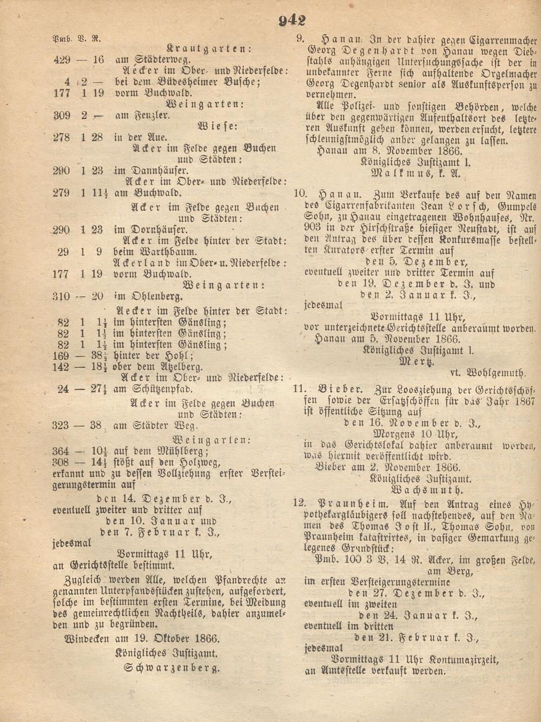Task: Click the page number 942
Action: [292, 21]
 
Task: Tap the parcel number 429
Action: [62, 59]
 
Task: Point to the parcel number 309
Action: [62, 115]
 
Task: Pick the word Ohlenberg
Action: [154, 296]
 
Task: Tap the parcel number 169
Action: [61, 356]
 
